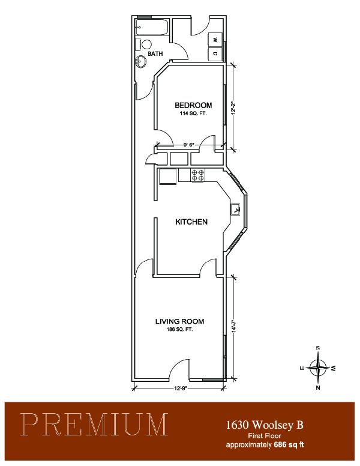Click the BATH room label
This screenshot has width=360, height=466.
coord(155,54)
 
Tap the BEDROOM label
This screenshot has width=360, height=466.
coord(193,105)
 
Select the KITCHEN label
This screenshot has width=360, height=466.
coord(191,222)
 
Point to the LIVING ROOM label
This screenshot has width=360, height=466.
coord(180,321)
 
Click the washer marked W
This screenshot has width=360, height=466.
coord(215,39)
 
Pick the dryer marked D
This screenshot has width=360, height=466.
coord(215,54)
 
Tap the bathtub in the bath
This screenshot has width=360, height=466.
coord(152,28)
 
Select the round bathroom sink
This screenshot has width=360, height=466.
coord(141,62)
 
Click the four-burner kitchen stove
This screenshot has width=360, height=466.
coord(198,175)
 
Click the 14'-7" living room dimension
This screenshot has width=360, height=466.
coord(234,325)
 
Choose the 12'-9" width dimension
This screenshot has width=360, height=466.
coord(179,388)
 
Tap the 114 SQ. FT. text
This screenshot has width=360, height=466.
coord(193,113)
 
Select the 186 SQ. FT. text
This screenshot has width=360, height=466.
coord(179,329)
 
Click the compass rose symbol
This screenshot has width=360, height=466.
coord(318,368)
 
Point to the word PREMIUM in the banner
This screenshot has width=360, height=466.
coord(95,424)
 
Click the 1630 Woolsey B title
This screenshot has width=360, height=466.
coord(265,425)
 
